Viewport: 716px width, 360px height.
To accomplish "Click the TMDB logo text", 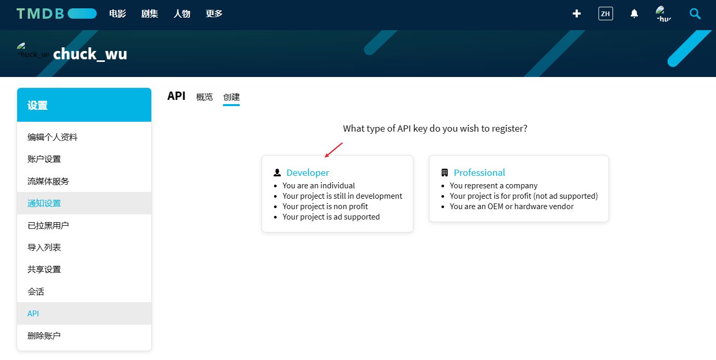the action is [40, 14].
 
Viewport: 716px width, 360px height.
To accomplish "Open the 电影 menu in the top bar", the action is [118, 14].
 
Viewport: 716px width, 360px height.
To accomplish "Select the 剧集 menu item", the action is [150, 14].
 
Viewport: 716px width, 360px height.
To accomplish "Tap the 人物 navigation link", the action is [182, 14].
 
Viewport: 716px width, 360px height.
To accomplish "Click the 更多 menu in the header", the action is [214, 14].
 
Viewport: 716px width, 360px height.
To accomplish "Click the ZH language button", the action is [605, 14].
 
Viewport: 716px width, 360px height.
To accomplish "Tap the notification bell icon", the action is [634, 14].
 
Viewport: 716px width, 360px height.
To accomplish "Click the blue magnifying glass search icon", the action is [695, 14].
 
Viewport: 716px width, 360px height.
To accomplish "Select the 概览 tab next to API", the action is [204, 97].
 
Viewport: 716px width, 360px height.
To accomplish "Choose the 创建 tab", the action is [231, 97].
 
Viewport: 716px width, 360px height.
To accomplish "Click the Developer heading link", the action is [307, 173].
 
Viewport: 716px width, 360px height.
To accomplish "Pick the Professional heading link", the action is [479, 173].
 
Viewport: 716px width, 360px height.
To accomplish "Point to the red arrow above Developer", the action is [334, 150].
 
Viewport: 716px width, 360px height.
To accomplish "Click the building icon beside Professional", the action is [444, 173].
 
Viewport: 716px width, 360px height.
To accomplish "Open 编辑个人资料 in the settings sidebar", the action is [53, 137].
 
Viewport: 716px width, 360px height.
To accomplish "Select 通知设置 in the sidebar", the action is [44, 203].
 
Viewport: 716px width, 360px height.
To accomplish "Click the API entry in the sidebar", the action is [33, 314].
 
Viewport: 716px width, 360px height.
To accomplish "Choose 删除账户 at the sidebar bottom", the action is [44, 336].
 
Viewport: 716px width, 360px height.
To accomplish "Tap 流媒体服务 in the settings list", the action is [48, 181].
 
